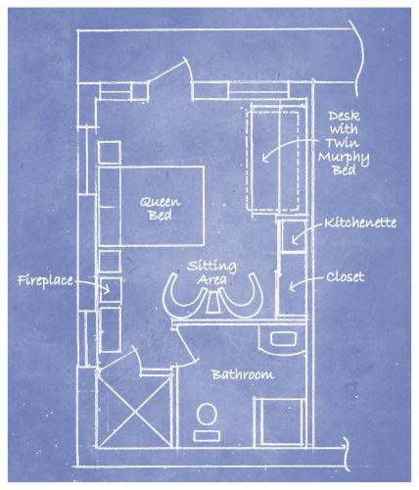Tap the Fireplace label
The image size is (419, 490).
pos(47,281)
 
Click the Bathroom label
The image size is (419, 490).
pos(242,374)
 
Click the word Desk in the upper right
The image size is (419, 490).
pos(350,115)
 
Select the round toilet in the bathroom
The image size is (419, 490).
pos(207,416)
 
